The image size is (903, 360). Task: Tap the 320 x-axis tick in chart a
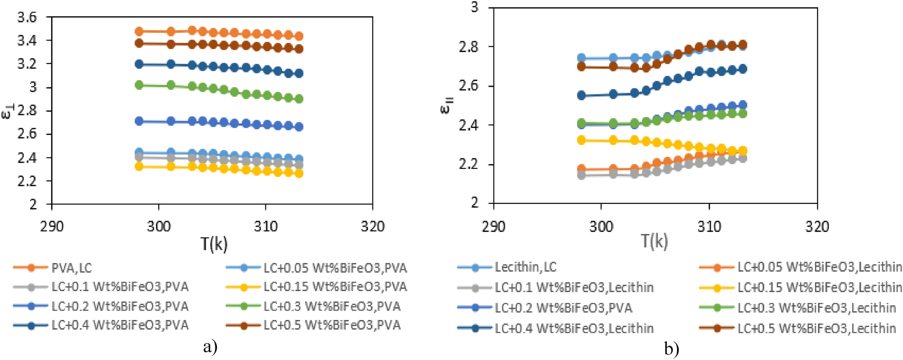pyautogui.click(x=372, y=226)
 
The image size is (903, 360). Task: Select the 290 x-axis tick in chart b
pyautogui.click(x=494, y=226)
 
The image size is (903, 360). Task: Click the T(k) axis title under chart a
pyautogui.click(x=214, y=244)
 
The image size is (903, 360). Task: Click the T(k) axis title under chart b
pyautogui.click(x=654, y=242)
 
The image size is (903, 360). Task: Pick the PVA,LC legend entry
pyautogui.click(x=72, y=268)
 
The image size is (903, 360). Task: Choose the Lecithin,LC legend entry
pyautogui.click(x=526, y=267)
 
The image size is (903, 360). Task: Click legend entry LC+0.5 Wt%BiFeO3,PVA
pyautogui.click(x=332, y=325)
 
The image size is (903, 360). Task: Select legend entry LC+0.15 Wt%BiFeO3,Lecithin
pyautogui.click(x=819, y=287)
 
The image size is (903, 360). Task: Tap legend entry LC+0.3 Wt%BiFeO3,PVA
pyautogui.click(x=332, y=306)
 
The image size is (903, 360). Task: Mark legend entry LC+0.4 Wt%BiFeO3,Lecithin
pyautogui.click(x=574, y=328)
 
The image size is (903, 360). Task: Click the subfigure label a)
pyautogui.click(x=210, y=347)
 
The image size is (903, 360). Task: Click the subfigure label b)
pyautogui.click(x=671, y=349)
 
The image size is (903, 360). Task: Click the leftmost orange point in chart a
pyautogui.click(x=139, y=31)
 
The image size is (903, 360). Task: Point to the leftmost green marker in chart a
pyautogui.click(x=139, y=85)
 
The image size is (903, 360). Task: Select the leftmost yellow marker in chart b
pyautogui.click(x=581, y=140)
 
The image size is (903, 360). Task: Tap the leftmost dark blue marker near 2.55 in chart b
pyautogui.click(x=581, y=95)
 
